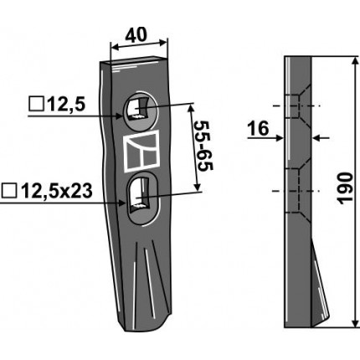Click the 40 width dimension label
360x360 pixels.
136,35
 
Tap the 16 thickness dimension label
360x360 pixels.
259,128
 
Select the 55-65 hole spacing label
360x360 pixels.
204,147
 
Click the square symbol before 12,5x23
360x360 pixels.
9,191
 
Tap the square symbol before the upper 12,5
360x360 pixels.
36,105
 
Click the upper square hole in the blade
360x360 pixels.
137,109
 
